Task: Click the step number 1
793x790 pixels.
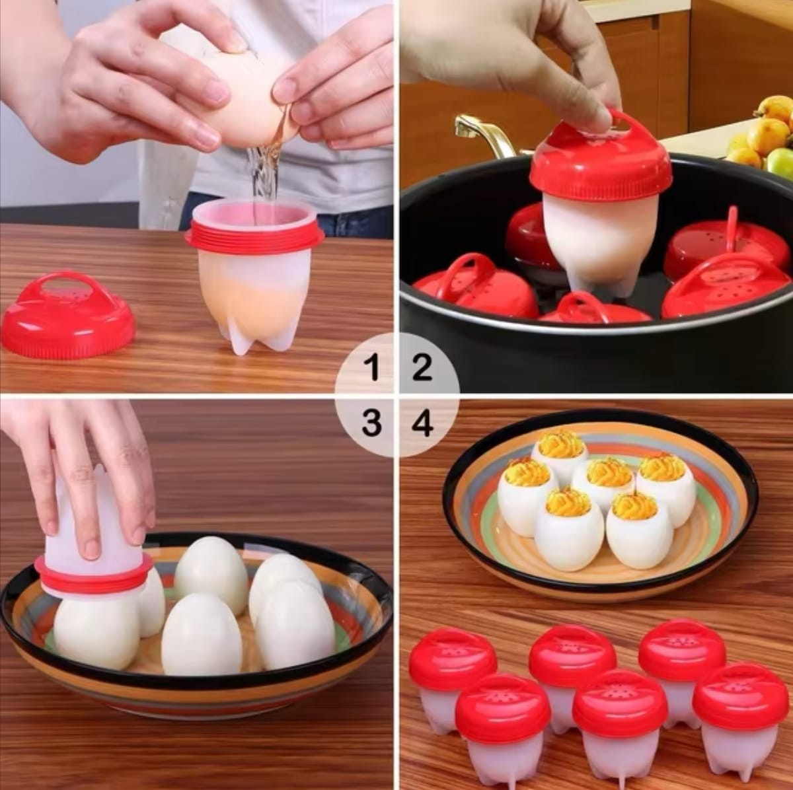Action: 373,367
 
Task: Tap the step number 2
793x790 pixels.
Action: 422,367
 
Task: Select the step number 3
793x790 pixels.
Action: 372,423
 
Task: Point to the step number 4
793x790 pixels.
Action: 423,423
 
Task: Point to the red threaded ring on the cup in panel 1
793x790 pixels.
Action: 254,238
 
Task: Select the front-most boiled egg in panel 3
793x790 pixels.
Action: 201,634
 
